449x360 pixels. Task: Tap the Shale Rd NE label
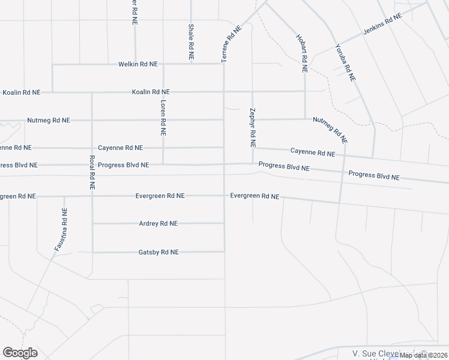point(191,41)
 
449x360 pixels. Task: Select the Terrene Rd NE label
point(232,44)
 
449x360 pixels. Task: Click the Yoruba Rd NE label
point(346,62)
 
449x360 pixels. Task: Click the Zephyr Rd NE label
point(252,128)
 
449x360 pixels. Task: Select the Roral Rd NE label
point(92,173)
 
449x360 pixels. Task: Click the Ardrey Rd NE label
point(158,224)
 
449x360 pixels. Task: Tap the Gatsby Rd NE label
point(158,253)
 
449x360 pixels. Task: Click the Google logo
point(20,353)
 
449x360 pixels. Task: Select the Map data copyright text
point(424,355)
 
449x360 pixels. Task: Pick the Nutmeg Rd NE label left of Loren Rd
point(49,121)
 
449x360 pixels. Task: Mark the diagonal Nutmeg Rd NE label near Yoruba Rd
point(331,130)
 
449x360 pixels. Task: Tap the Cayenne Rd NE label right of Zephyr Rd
point(313,152)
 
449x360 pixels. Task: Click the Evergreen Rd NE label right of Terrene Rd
point(255,196)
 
